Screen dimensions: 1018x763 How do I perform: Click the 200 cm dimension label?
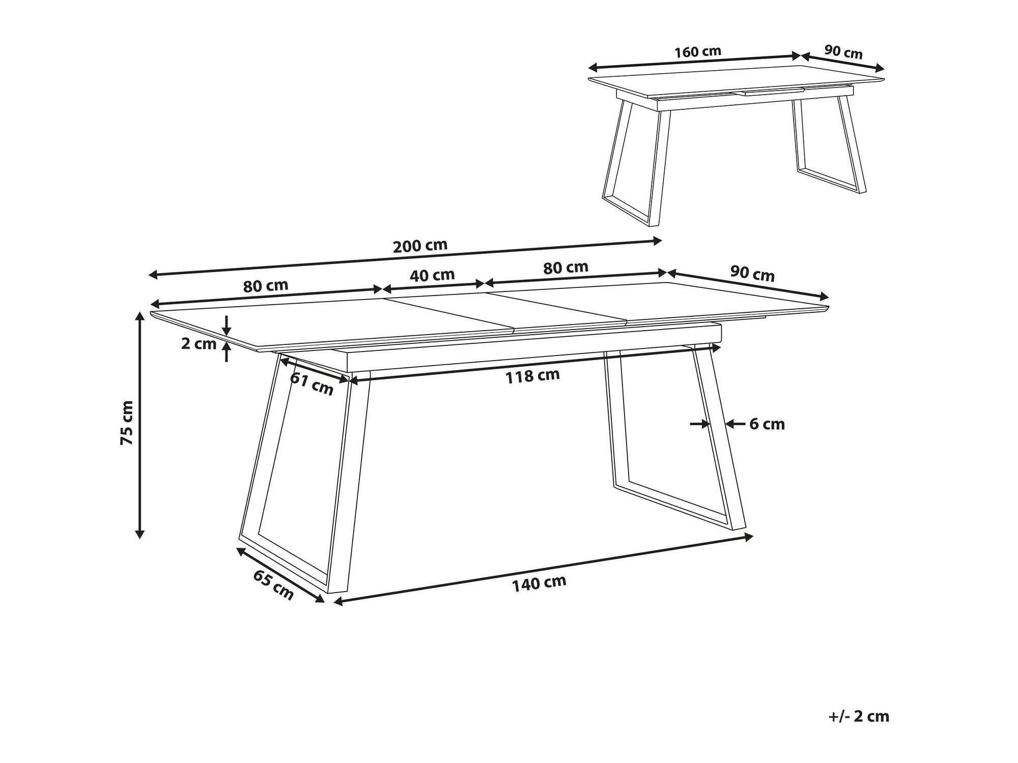[x=420, y=246]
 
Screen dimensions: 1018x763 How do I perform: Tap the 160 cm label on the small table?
[x=698, y=52]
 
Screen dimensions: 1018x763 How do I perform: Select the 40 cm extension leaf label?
[x=432, y=275]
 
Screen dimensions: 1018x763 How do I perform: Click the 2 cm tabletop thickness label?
[x=199, y=344]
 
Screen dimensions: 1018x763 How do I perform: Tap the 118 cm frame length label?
[x=532, y=376]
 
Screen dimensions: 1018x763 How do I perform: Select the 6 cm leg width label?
[x=767, y=424]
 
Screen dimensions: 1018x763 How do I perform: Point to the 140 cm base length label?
[x=539, y=583]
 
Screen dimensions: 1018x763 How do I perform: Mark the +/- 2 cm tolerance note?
[x=859, y=717]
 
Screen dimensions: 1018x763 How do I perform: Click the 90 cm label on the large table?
[x=752, y=274]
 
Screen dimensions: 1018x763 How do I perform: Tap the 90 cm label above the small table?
[x=843, y=52]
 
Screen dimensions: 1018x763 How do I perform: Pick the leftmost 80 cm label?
[x=266, y=286]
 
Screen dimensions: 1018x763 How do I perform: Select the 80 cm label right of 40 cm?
[x=565, y=268]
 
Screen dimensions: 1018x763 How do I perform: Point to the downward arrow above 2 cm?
[x=227, y=326]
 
